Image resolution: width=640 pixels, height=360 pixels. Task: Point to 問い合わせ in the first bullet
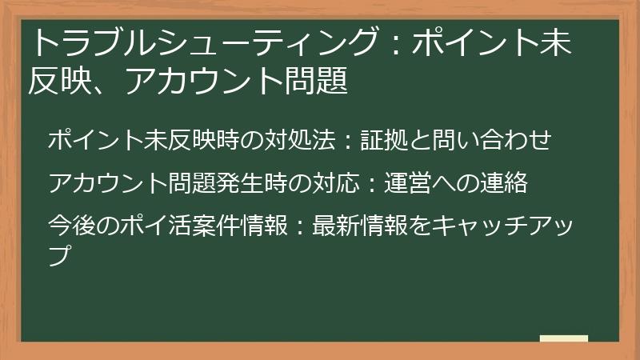pyautogui.click(x=496, y=140)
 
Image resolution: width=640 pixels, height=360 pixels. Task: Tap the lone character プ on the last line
pyautogui.click(x=60, y=256)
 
